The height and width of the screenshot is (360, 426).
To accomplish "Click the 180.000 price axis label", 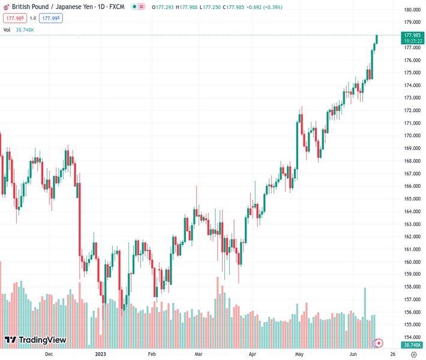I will pyautogui.click(x=412, y=10).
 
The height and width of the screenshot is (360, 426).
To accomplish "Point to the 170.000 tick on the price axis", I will pyautogui.click(x=412, y=136).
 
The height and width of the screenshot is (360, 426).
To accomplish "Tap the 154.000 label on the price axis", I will pyautogui.click(x=412, y=338).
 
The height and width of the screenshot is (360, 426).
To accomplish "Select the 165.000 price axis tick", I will pyautogui.click(x=412, y=199).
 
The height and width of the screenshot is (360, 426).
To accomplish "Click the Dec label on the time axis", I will pyautogui.click(x=49, y=355).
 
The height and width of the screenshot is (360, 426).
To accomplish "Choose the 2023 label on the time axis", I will pyautogui.click(x=101, y=355).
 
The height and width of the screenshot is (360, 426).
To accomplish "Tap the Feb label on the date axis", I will pyautogui.click(x=152, y=355).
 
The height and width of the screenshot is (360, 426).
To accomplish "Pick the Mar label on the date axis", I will pyautogui.click(x=199, y=355).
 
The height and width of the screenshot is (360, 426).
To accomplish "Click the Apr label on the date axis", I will pyautogui.click(x=252, y=355).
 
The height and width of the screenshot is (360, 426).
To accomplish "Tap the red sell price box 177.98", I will pyautogui.click(x=14, y=18).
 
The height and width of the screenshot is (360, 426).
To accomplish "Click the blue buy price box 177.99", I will pyautogui.click(x=51, y=18).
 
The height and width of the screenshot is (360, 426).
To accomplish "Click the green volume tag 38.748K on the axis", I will pyautogui.click(x=412, y=345).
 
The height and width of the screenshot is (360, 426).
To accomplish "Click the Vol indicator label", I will pyautogui.click(x=7, y=29).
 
